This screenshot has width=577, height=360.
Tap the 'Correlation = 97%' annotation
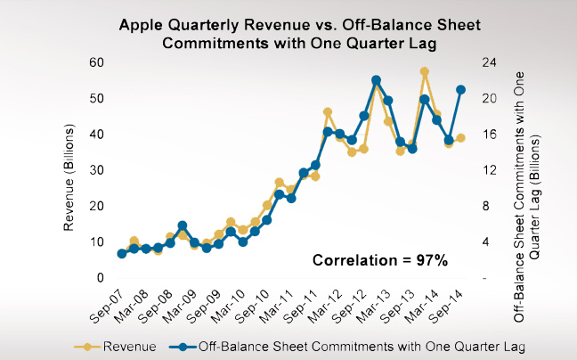pyautogui.click(x=378, y=260)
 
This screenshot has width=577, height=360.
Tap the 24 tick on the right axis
pyautogui.click(x=489, y=62)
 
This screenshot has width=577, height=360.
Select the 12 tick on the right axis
pyautogui.click(x=489, y=170)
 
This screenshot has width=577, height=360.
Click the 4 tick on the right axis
pyautogui.click(x=485, y=242)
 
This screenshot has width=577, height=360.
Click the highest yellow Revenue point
pyautogui.click(x=425, y=72)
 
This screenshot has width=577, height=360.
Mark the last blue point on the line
pyautogui.click(x=460, y=89)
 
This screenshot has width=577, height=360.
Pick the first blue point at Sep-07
pyautogui.click(x=122, y=254)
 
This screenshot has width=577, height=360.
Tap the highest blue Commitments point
pyautogui.click(x=376, y=80)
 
